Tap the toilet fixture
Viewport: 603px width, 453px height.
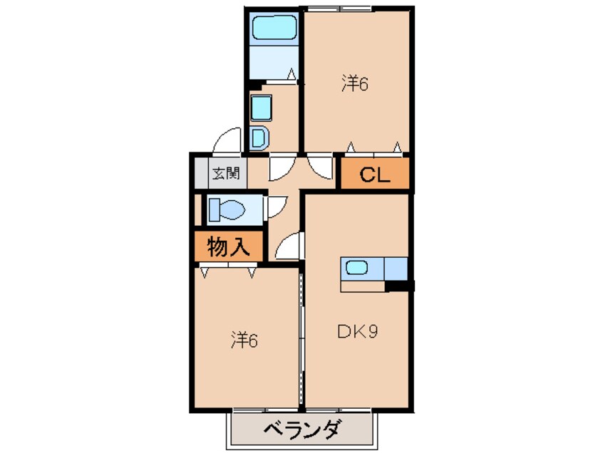[x=227, y=209]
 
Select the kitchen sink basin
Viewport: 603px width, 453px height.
[x=356, y=267]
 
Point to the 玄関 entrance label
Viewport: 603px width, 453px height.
[x=227, y=174]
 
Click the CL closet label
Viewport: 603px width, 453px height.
[x=375, y=175]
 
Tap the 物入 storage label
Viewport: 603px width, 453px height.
[x=229, y=246]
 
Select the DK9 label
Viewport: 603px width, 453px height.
[x=358, y=331]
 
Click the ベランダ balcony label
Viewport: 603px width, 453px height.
[x=302, y=430]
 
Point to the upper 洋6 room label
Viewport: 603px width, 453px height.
[x=355, y=83]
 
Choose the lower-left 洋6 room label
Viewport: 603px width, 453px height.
[x=244, y=340]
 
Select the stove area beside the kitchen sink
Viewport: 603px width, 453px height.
[x=396, y=269]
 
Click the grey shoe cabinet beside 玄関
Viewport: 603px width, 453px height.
[x=202, y=173]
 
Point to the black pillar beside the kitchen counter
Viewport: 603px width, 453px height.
[x=400, y=286]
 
